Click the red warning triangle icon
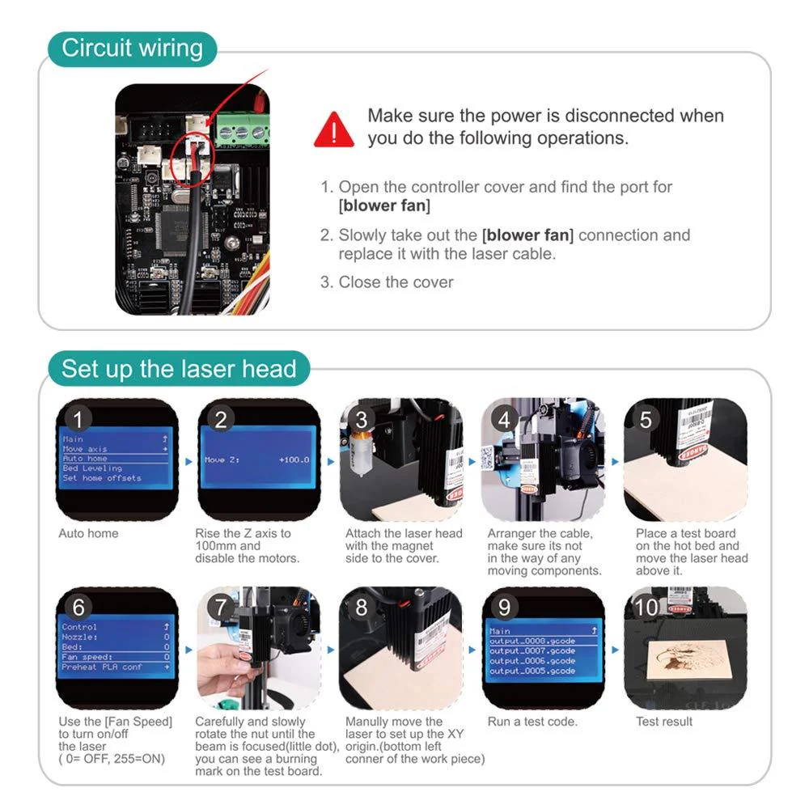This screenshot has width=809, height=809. tap(334, 129)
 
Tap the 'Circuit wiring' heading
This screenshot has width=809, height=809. tap(132, 48)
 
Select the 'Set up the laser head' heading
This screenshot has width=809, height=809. tap(179, 369)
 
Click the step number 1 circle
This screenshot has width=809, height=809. tap(78, 419)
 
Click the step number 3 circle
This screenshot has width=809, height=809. tap(362, 419)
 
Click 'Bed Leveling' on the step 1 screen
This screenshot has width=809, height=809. tap(92, 468)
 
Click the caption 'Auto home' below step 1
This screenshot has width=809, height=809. tap(88, 534)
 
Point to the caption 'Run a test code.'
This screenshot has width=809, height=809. tap(532, 722)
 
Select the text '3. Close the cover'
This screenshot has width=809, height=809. tap(387, 282)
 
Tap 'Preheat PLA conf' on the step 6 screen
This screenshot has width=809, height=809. tap(102, 667)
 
